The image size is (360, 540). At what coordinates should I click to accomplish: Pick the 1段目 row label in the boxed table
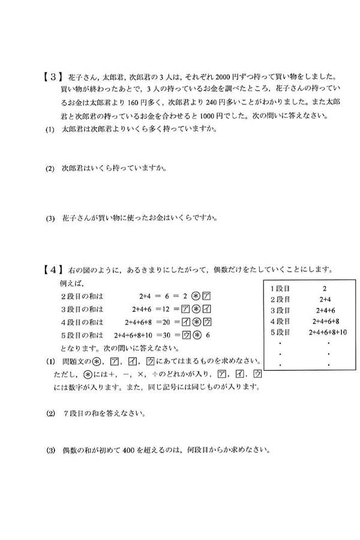[281, 288]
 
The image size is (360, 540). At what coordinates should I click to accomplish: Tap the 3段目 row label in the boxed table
[281, 310]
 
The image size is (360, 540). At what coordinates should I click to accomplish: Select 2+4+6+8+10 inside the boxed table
[328, 332]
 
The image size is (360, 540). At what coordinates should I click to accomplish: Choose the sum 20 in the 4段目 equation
[175, 322]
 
